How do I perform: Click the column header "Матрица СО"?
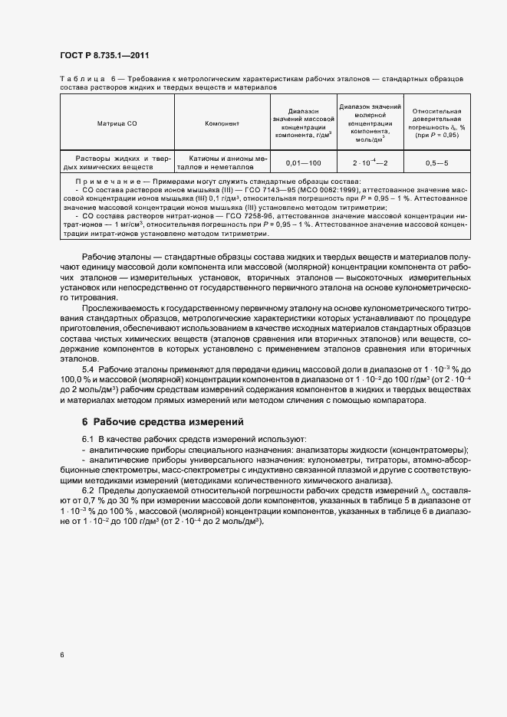(117, 123)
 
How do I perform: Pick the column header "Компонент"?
(222, 123)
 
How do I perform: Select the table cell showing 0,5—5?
(436, 163)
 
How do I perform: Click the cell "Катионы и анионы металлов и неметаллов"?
(222, 163)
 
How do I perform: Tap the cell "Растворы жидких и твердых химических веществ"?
(117, 163)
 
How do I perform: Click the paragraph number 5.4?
(89, 368)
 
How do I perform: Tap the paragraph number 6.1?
(88, 437)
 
